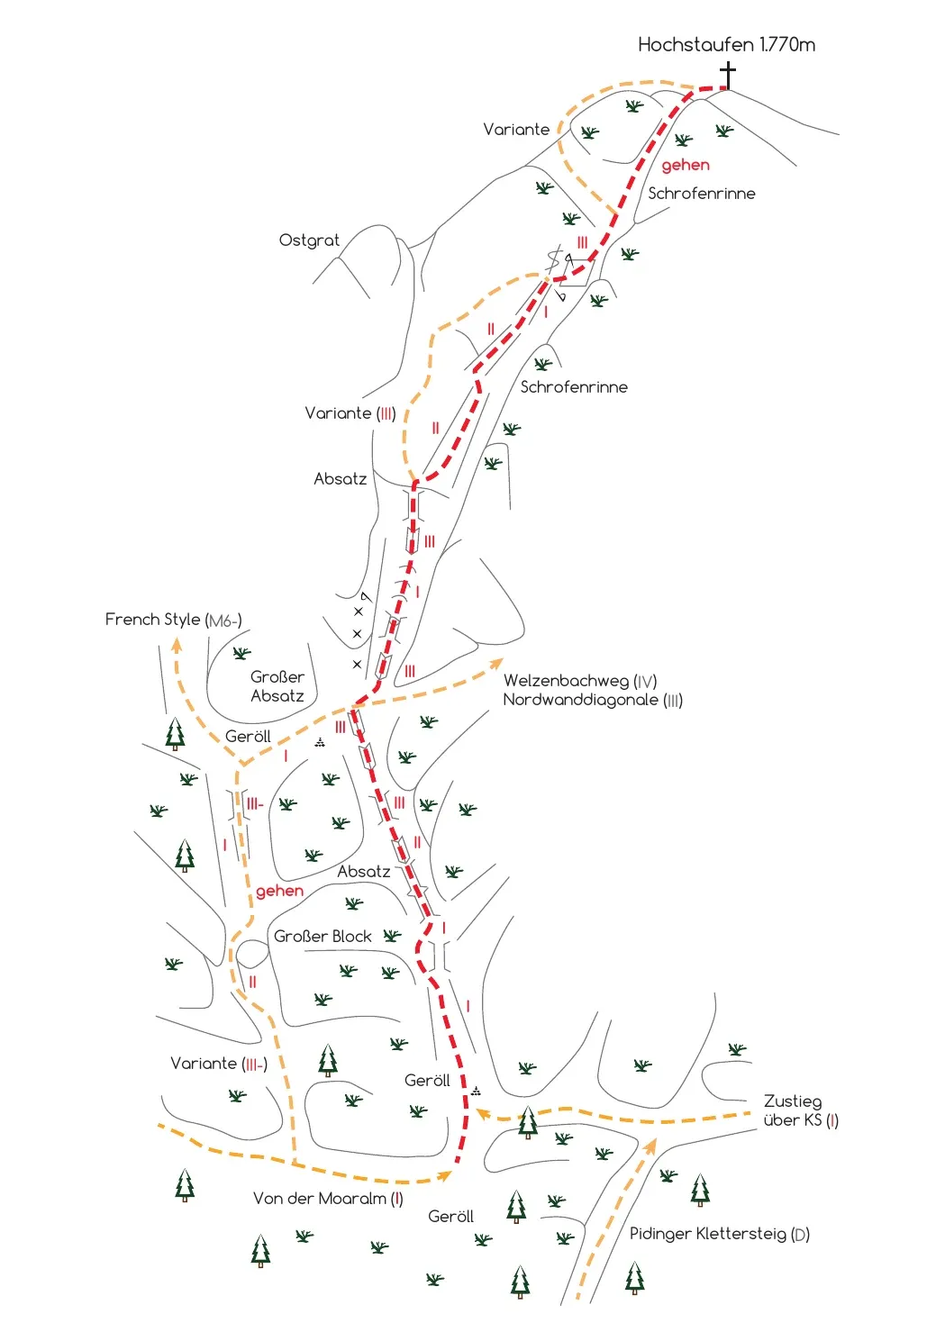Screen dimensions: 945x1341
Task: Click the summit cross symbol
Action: [728, 76]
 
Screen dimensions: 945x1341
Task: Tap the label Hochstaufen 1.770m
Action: [726, 45]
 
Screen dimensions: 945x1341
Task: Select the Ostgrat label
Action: [309, 240]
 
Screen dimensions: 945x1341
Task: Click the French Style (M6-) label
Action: [174, 620]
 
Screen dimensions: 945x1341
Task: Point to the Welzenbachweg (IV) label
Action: [580, 681]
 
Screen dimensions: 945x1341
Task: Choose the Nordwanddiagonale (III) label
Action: [593, 700]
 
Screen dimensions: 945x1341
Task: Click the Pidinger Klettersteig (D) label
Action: [720, 1234]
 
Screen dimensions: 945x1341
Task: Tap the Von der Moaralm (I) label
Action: [328, 1199]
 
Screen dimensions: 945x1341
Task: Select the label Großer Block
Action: [323, 937]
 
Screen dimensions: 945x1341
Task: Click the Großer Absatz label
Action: [277, 686]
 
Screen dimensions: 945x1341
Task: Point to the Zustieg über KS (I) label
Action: [801, 1110]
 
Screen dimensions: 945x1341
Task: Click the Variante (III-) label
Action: [219, 1064]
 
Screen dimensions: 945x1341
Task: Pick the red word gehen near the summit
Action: [686, 165]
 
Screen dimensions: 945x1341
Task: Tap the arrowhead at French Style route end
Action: [176, 645]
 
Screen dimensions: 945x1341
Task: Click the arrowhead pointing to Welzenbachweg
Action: [495, 664]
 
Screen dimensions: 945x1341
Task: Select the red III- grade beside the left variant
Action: [255, 804]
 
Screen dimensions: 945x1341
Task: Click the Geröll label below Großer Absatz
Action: [248, 737]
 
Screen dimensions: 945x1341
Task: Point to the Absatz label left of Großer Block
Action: [364, 872]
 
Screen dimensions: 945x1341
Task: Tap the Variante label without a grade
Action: [516, 130]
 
